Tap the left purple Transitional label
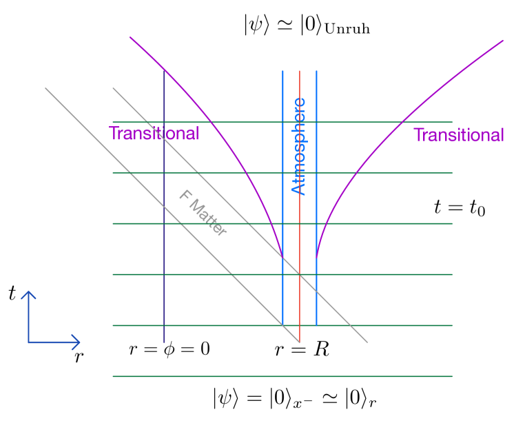click(x=154, y=134)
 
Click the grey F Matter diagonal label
click(x=203, y=213)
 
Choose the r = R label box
click(x=302, y=350)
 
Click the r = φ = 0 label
click(x=170, y=349)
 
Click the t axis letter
click(x=12, y=293)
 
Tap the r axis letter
click(x=77, y=358)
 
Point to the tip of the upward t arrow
click(x=28, y=291)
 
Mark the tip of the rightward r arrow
click(x=81, y=341)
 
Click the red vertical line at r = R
click(x=300, y=207)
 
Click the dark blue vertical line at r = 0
click(x=164, y=207)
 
